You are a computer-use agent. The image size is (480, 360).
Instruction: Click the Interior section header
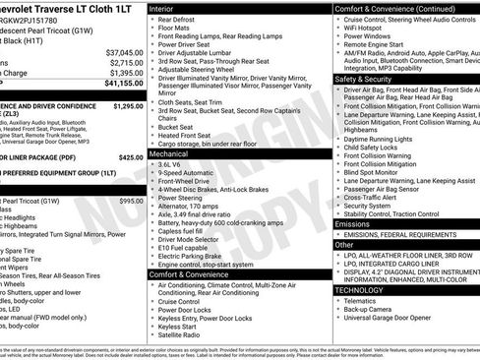(x=167, y=7)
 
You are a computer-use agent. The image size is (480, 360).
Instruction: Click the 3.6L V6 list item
(x=174, y=164)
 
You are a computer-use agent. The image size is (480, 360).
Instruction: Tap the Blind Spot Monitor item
(x=375, y=171)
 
